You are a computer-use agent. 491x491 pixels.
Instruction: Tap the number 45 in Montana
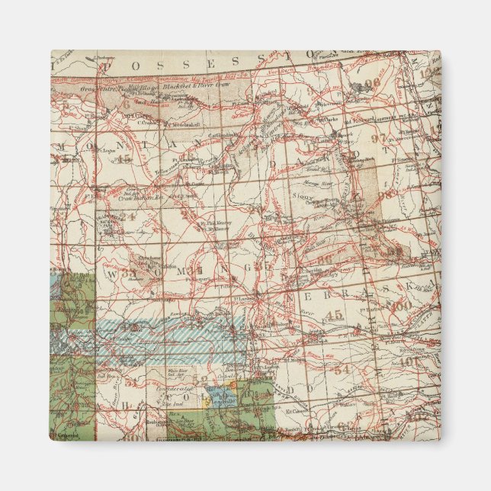122,159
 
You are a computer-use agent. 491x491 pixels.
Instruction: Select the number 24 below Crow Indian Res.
127,215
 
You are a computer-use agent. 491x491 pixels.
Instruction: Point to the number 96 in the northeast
372,84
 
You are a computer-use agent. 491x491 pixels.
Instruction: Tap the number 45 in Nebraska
333,315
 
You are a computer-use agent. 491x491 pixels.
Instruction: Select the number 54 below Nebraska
342,369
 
